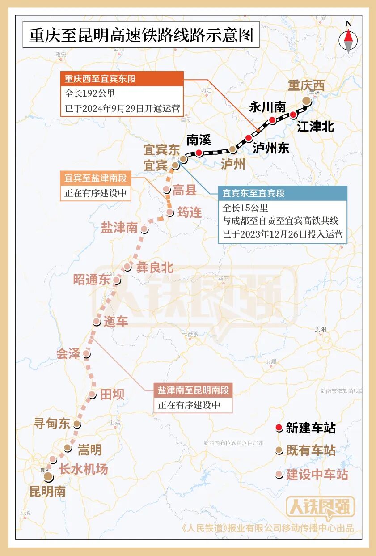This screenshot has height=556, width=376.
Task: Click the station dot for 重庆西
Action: click(306, 101)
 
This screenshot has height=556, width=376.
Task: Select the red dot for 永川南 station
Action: click(272, 120)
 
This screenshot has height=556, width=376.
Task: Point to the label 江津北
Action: click(315, 127)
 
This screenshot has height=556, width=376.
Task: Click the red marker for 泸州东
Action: click(249, 138)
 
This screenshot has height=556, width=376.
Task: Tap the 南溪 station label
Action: click(199, 140)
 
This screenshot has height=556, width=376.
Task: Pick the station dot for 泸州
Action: click(232, 149)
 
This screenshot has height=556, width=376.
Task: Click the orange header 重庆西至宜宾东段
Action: click(122, 79)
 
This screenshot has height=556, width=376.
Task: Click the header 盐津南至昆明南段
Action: click(193, 390)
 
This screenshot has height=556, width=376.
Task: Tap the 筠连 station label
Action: click(190, 212)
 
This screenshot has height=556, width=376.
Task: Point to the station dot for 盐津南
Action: click(144, 229)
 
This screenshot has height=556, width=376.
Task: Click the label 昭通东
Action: click(92, 280)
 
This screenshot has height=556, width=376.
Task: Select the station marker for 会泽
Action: click(86, 354)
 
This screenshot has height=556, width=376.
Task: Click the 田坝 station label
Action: click(112, 395)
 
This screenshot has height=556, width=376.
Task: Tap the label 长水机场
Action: click(84, 469)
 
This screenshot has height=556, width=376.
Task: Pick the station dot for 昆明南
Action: click(48, 477)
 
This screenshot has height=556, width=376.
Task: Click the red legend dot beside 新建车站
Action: click(279, 428)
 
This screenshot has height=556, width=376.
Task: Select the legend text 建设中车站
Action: click(317, 474)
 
